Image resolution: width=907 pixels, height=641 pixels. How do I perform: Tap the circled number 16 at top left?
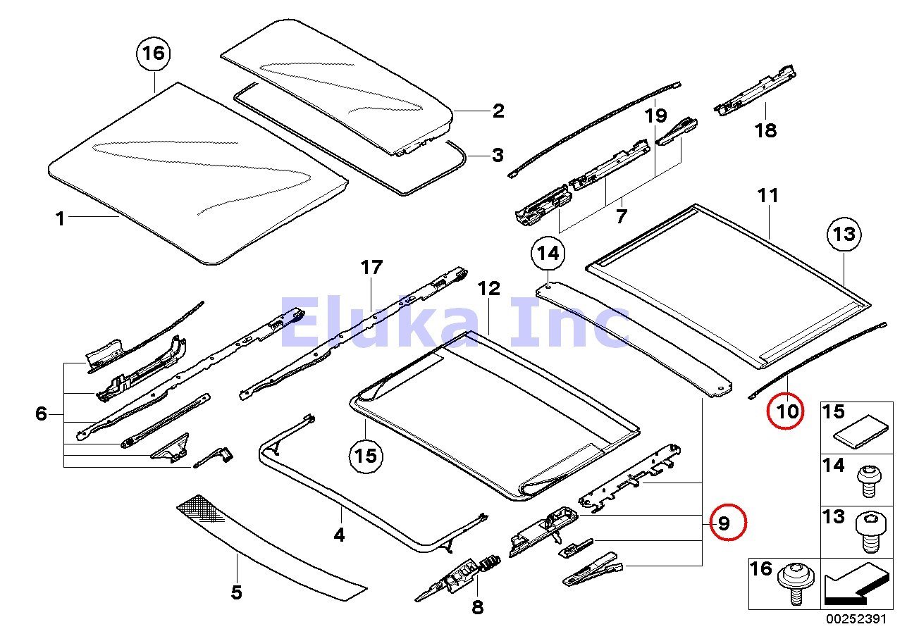[x=154, y=54]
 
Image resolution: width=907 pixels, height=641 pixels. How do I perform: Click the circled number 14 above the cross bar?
[x=548, y=253]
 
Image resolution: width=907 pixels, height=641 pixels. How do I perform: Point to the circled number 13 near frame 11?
[x=844, y=234]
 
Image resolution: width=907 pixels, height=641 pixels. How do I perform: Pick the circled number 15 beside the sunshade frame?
[x=366, y=456]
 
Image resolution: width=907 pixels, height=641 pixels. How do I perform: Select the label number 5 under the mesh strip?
[x=236, y=592]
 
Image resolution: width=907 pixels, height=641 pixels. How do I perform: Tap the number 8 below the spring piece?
[x=478, y=606]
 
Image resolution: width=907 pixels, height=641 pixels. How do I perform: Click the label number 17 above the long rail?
[x=371, y=267]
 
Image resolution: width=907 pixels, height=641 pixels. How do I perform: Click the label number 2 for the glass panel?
[x=498, y=111]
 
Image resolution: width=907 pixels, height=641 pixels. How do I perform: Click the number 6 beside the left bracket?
[x=41, y=413]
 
